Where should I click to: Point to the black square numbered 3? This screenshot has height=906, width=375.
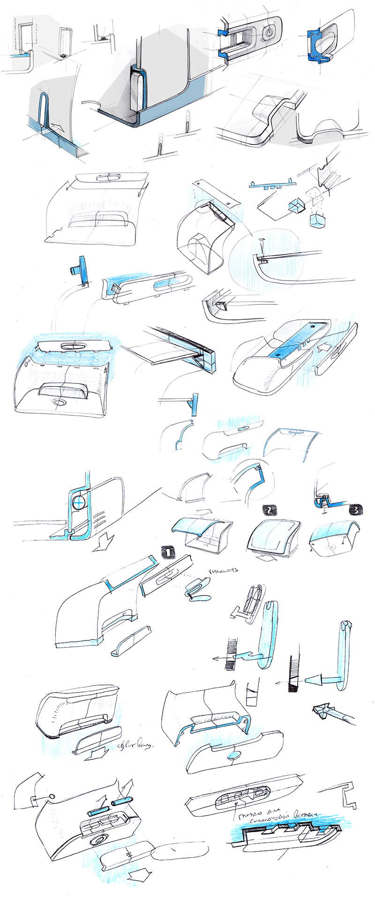click(x=356, y=510)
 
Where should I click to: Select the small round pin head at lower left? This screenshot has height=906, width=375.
click(x=52, y=796)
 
